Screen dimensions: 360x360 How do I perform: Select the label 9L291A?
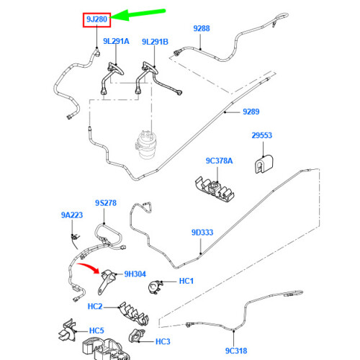click(x=115, y=42)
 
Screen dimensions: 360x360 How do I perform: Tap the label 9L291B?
click(x=156, y=42)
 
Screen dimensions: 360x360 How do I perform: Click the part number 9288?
click(x=202, y=28)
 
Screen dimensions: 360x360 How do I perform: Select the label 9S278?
click(x=105, y=204)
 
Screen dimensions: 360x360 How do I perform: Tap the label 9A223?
click(x=72, y=215)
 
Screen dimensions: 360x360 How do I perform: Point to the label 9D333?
click(x=202, y=232)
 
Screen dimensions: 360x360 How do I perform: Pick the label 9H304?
click(x=135, y=274)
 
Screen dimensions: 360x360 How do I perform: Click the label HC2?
click(x=96, y=306)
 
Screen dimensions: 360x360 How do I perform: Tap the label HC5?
click(x=96, y=331)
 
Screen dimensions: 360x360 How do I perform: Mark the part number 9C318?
click(x=235, y=351)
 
